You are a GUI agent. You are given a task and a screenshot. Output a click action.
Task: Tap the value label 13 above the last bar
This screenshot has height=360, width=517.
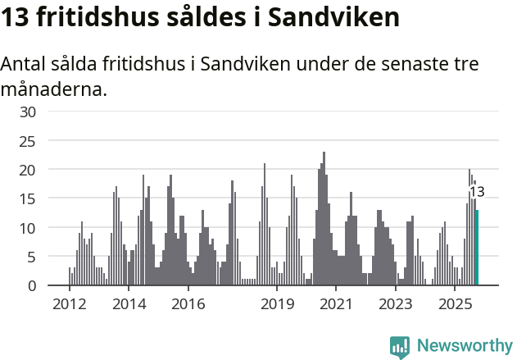tap(476, 192)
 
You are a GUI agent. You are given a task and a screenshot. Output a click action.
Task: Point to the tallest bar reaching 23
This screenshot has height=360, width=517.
tap(324, 219)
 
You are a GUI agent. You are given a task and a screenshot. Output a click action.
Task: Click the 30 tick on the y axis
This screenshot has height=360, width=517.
tap(28, 112)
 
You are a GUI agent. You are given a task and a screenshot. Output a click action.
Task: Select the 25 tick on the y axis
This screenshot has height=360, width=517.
tap(28, 140)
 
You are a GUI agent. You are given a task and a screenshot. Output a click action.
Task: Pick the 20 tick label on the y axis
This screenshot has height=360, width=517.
tap(28, 170)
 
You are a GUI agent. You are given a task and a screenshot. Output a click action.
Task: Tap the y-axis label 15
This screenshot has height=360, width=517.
tap(28, 198)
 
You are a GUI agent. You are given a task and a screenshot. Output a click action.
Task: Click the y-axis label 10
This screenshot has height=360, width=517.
tap(28, 227)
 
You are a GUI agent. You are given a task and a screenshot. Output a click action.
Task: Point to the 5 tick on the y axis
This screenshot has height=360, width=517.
tap(32, 257)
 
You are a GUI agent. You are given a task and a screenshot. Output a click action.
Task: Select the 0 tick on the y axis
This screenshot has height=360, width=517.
tap(32, 285)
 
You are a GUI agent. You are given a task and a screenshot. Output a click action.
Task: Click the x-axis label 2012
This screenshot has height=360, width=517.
tap(69, 304)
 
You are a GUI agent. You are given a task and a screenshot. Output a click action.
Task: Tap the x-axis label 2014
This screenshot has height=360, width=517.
tap(129, 304)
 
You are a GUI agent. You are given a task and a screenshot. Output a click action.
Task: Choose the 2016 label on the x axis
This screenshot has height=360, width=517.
tap(188, 304)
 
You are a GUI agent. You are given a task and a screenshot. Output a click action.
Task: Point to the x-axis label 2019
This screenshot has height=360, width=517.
tap(277, 304)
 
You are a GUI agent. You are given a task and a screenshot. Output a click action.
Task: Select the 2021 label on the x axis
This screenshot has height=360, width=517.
tap(336, 304)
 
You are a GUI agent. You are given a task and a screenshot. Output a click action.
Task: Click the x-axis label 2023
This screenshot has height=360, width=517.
tap(396, 304)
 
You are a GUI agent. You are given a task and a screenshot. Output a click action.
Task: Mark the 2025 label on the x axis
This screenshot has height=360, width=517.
tap(455, 304)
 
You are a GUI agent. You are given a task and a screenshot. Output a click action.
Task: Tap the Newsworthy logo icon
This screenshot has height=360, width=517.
tap(400, 346)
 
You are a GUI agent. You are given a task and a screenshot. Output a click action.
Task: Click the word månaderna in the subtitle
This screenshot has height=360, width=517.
tap(54, 89)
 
